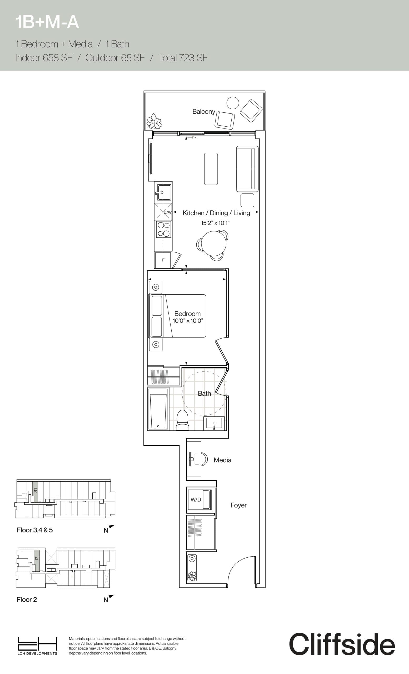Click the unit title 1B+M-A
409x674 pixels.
tap(47, 22)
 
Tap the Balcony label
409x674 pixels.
tap(203, 112)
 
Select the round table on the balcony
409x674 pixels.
tap(233, 103)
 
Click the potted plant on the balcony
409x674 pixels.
tap(154, 121)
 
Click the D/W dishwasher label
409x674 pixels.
tap(167, 212)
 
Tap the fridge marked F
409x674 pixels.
tap(163, 260)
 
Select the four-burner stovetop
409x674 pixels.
tap(163, 229)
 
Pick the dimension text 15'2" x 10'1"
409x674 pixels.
tap(215, 223)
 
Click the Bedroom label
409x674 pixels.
tap(187, 314)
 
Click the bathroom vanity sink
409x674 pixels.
tap(214, 424)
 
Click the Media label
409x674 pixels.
tap(222, 460)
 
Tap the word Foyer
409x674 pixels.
tap(238, 505)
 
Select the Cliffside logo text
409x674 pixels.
tap(342, 644)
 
